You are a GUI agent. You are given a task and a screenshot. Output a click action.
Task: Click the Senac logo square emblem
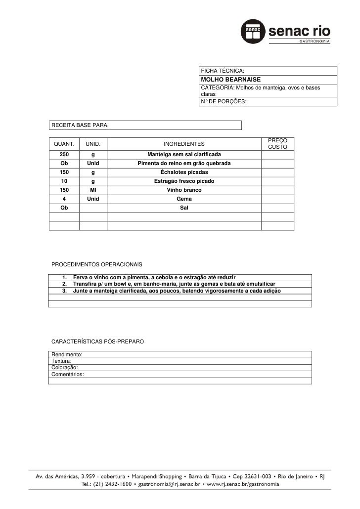point(252,31)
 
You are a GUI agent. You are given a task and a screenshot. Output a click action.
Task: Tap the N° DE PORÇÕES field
point(223,102)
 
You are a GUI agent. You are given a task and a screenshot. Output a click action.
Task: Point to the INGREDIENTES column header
point(184,144)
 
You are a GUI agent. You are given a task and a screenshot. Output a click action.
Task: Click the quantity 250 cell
point(64,155)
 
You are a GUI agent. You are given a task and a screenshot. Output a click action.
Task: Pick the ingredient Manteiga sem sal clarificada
point(184,155)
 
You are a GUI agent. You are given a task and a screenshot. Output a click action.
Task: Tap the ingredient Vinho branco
point(184,190)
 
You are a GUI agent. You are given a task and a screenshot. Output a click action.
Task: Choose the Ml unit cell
point(93,190)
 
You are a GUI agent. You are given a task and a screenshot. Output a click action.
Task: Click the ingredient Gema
point(184,199)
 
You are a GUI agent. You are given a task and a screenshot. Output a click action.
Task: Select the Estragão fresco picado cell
point(184,181)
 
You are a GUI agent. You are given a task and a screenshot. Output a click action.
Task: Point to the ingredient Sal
point(184,208)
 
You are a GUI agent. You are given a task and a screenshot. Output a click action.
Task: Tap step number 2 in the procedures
point(64,284)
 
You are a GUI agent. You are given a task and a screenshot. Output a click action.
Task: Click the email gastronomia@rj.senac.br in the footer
point(167,485)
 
